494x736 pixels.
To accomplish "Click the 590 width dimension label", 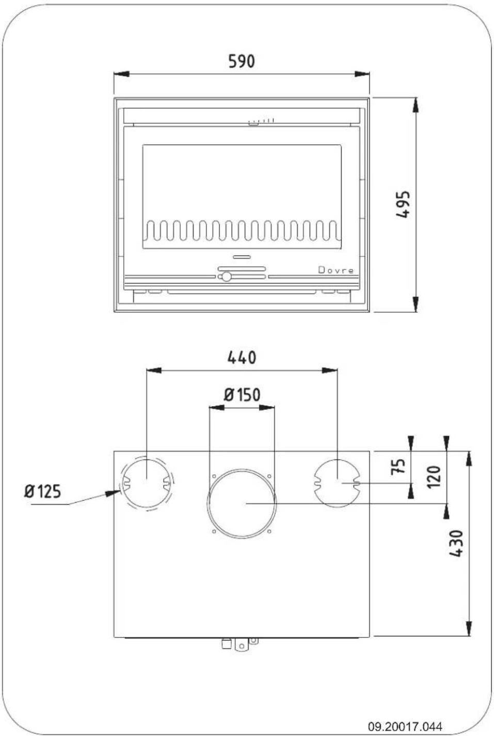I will tap(242, 61).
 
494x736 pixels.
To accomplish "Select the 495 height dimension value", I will tap(403, 204).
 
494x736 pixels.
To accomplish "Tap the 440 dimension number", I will tap(242, 357).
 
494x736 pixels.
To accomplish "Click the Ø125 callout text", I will tap(42, 491).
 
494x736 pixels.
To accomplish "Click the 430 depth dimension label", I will tap(456, 543).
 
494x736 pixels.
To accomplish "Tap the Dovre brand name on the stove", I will tap(336, 270).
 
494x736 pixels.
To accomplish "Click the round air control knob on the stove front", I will tap(226, 277).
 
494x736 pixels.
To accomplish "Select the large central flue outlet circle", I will tap(242, 503).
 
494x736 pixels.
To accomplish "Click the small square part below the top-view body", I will tap(226, 644).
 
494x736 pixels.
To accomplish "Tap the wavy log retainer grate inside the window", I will tap(242, 231).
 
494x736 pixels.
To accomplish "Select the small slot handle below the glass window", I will tap(242, 257).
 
